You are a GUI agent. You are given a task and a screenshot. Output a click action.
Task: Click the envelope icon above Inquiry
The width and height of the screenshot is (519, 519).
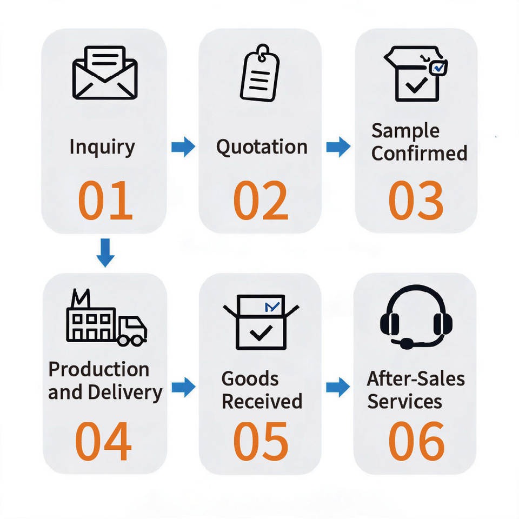[105, 72]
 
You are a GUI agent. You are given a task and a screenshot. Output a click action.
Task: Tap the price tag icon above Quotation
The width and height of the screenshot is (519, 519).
[260, 73]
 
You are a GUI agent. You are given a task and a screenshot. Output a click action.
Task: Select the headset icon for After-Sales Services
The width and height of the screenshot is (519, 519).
[416, 317]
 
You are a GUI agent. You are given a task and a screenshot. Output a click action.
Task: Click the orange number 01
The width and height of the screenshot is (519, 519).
[105, 200]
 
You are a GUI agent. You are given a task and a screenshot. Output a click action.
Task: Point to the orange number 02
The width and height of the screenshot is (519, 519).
[261, 200]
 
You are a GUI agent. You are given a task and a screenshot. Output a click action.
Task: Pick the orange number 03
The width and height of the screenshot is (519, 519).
[416, 200]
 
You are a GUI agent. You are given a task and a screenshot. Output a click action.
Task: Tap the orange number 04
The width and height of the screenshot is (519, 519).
[104, 441]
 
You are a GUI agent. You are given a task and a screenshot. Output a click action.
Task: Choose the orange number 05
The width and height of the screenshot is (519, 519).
[261, 441]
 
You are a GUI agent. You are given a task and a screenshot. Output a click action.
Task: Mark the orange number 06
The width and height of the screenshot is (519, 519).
[416, 441]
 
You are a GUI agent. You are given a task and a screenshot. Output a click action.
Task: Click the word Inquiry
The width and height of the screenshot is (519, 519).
[102, 147]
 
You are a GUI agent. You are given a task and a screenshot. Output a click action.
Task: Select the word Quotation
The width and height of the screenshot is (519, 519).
[262, 147]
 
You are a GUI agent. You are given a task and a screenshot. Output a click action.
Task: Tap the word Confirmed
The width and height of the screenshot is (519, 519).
[419, 153]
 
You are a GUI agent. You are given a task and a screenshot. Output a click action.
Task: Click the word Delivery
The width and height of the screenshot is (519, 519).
[125, 393]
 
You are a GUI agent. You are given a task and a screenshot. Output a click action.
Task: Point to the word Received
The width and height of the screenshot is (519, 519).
[262, 401]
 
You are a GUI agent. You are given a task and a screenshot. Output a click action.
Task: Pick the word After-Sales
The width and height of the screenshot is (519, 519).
[416, 378]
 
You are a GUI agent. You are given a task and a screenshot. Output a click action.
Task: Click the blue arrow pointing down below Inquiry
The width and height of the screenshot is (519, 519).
[105, 252]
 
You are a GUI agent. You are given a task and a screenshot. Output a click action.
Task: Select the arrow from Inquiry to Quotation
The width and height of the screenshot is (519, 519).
[183, 147]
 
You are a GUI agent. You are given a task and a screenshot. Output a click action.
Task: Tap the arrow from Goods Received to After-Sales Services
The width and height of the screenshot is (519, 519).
[338, 387]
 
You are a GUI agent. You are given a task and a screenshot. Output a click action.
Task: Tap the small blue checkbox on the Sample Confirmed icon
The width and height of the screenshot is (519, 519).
[438, 68]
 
